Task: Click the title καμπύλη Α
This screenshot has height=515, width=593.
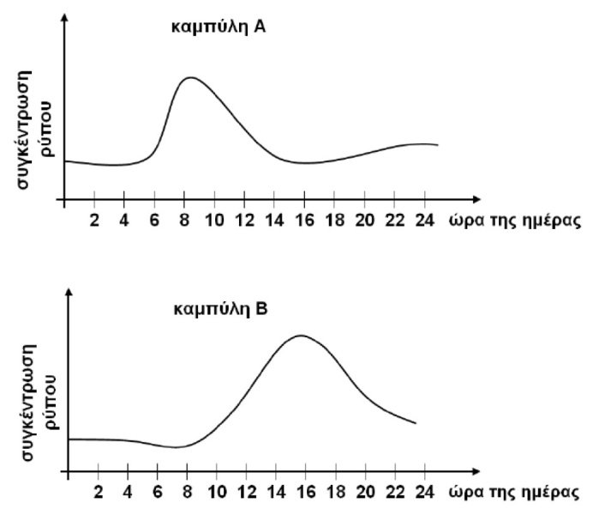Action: tap(207, 27)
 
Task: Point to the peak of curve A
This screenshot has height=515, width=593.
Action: tap(189, 77)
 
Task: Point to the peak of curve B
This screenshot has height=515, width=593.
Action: tap(300, 335)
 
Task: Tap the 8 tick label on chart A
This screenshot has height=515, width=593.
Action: tap(184, 220)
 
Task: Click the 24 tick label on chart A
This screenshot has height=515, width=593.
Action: tap(425, 220)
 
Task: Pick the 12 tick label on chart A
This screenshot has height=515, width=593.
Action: tap(244, 220)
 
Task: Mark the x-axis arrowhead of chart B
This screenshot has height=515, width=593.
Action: tap(439, 472)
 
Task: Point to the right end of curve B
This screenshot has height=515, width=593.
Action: tap(416, 423)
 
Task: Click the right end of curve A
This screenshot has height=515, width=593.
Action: tap(438, 145)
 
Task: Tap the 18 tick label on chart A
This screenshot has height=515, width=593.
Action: tap(335, 220)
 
